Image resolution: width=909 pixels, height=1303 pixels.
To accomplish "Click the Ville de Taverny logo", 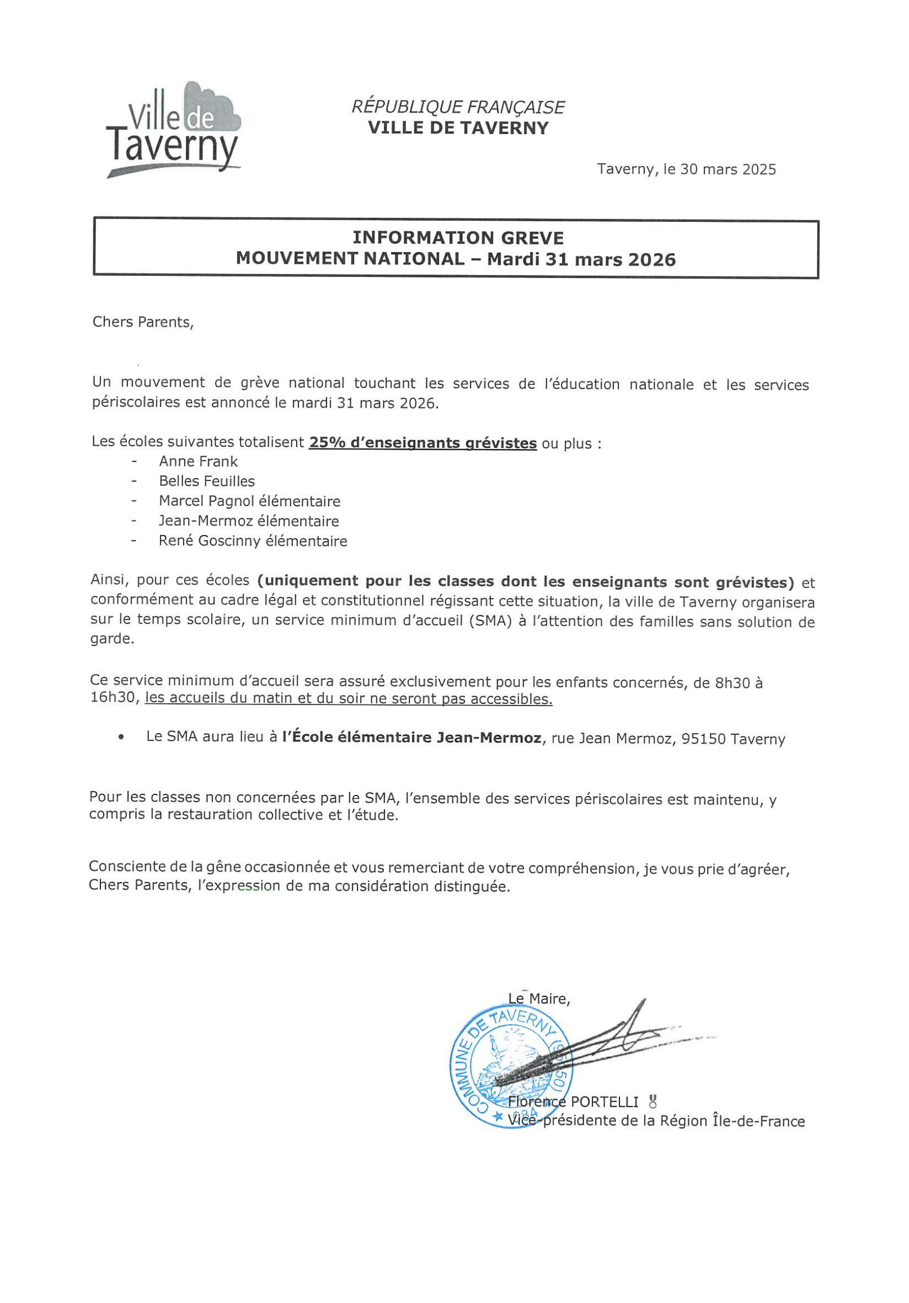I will click(173, 130).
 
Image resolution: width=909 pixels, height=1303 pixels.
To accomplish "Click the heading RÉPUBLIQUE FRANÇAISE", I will click(457, 106).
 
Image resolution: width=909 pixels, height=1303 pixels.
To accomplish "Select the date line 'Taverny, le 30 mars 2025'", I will click(686, 169).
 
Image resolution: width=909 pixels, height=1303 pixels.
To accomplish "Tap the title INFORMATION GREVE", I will click(457, 238).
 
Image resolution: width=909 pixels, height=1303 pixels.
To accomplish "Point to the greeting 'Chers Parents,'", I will click(143, 322).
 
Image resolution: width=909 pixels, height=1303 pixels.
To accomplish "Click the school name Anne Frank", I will click(198, 461).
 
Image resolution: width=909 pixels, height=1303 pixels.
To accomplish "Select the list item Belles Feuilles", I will click(206, 481).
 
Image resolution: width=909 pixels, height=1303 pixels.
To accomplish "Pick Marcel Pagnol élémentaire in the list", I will click(249, 501).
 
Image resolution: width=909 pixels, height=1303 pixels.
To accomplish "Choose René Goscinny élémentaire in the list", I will click(253, 541).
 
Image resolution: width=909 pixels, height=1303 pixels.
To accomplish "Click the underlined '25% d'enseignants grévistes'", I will click(423, 442).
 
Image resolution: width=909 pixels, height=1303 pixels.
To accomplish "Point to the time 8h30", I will click(732, 683).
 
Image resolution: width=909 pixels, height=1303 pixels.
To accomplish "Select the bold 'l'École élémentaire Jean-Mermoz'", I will click(411, 738).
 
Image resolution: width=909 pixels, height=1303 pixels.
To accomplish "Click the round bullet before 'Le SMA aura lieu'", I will click(121, 738).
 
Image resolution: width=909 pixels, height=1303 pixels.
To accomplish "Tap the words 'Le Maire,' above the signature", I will click(538, 999).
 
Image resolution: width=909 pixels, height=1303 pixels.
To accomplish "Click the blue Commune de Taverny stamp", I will click(511, 1067).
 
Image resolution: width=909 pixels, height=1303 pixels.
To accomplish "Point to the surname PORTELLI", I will click(605, 1102).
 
